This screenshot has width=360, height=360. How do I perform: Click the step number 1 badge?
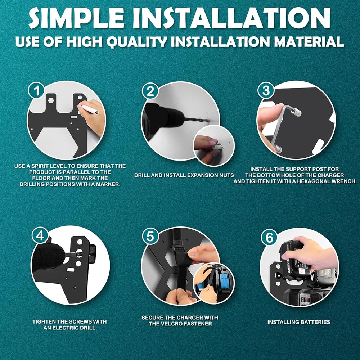pos(36,91)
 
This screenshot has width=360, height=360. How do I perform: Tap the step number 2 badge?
pos(150,91)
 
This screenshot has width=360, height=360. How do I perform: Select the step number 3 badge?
pos(266,90)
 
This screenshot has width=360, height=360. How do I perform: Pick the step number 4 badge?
pos(40,235)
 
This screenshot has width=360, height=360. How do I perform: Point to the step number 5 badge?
pos(150,237)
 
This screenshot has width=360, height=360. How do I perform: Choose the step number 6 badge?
pos(269,238)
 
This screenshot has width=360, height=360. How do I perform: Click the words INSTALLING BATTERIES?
pos(299,322)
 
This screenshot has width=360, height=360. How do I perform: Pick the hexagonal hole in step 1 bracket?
pos(51,100)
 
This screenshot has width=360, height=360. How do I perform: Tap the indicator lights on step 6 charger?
pos(304,301)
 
